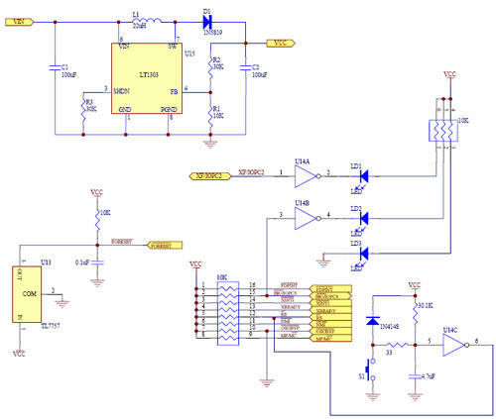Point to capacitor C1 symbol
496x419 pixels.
click(55, 68)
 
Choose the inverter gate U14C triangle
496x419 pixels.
click(453, 346)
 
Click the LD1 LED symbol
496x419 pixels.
click(363, 175)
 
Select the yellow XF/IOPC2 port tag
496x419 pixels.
click(212, 175)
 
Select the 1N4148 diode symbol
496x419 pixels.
click(373, 321)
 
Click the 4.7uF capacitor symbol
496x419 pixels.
click(413, 374)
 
